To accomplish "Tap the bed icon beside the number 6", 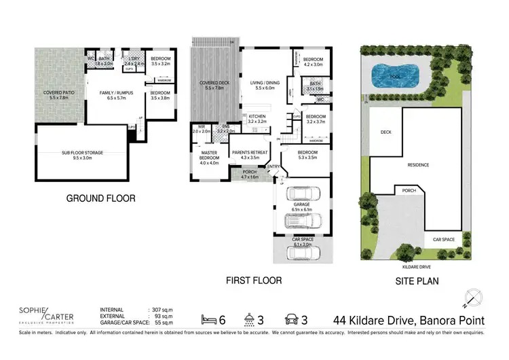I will (x=210, y=318).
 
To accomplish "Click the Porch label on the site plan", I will (x=409, y=191).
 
